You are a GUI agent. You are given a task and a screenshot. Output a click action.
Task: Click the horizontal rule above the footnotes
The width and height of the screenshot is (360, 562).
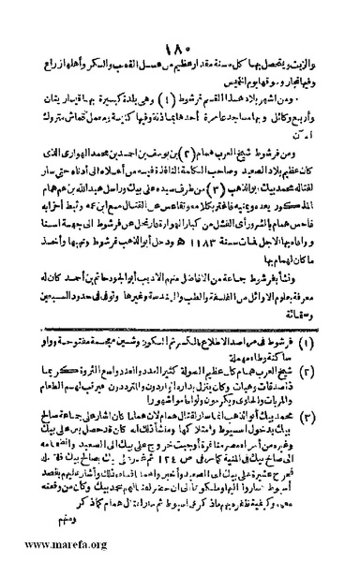178,304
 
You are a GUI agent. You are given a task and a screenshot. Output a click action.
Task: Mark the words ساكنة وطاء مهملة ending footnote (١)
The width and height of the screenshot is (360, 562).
281,332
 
